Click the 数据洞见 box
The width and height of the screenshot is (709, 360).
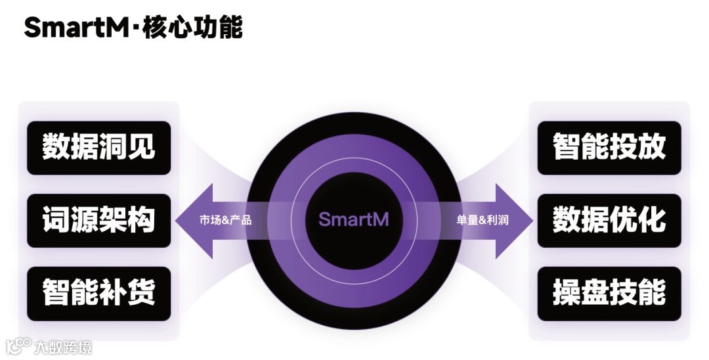pyautogui.click(x=98, y=147)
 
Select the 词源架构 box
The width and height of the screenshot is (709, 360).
pyautogui.click(x=98, y=220)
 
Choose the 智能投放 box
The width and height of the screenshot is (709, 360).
pyautogui.click(x=609, y=147)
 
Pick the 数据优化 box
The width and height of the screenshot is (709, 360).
pyautogui.click(x=609, y=220)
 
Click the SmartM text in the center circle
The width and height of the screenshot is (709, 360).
pyautogui.click(x=354, y=219)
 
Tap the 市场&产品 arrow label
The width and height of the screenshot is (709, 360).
pyautogui.click(x=225, y=220)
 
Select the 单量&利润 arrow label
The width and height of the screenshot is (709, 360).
pyautogui.click(x=483, y=220)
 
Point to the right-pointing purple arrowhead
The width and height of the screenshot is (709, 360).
pyautogui.click(x=516, y=220)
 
